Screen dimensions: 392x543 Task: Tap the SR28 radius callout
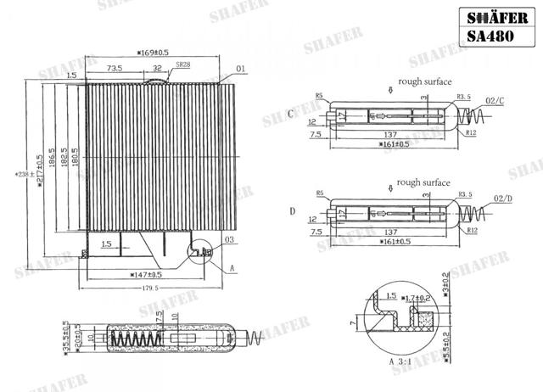182,64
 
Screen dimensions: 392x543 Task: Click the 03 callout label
229,241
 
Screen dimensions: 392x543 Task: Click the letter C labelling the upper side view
291,114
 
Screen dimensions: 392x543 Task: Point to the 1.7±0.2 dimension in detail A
419,298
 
